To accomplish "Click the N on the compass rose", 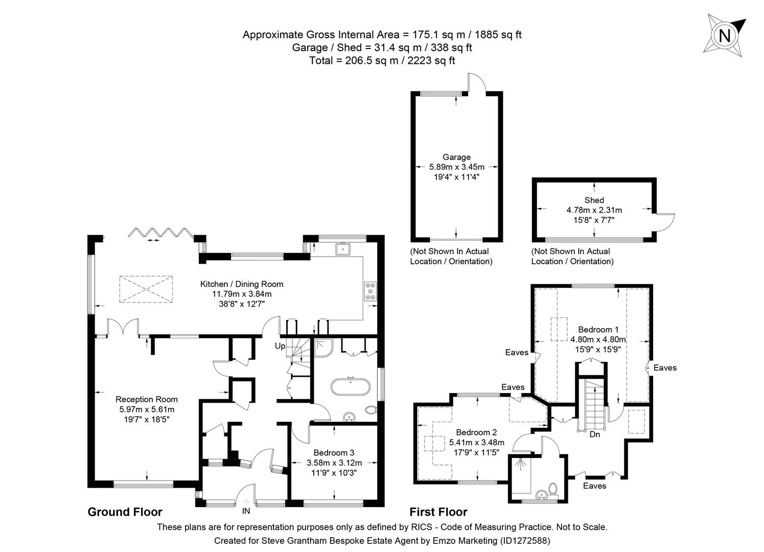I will pos(724,36).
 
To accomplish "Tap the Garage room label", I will pos(456,157).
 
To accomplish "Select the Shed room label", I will pos(594,200).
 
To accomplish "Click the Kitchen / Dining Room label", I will pos(241,284).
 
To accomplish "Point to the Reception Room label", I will pos(147,400).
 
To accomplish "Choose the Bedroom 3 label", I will pos(334,453).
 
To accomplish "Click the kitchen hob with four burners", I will pos(370,291).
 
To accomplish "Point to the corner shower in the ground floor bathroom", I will pos(323,347).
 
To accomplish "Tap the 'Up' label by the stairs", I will pos(280,346).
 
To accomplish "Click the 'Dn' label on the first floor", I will pos(594,434).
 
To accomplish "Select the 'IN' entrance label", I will pos(246,511).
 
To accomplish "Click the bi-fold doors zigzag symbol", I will pos(159,233).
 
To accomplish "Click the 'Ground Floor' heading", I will pos(125,512).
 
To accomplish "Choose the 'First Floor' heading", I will pos(438,512).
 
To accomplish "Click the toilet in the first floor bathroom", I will pos(552,489).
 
